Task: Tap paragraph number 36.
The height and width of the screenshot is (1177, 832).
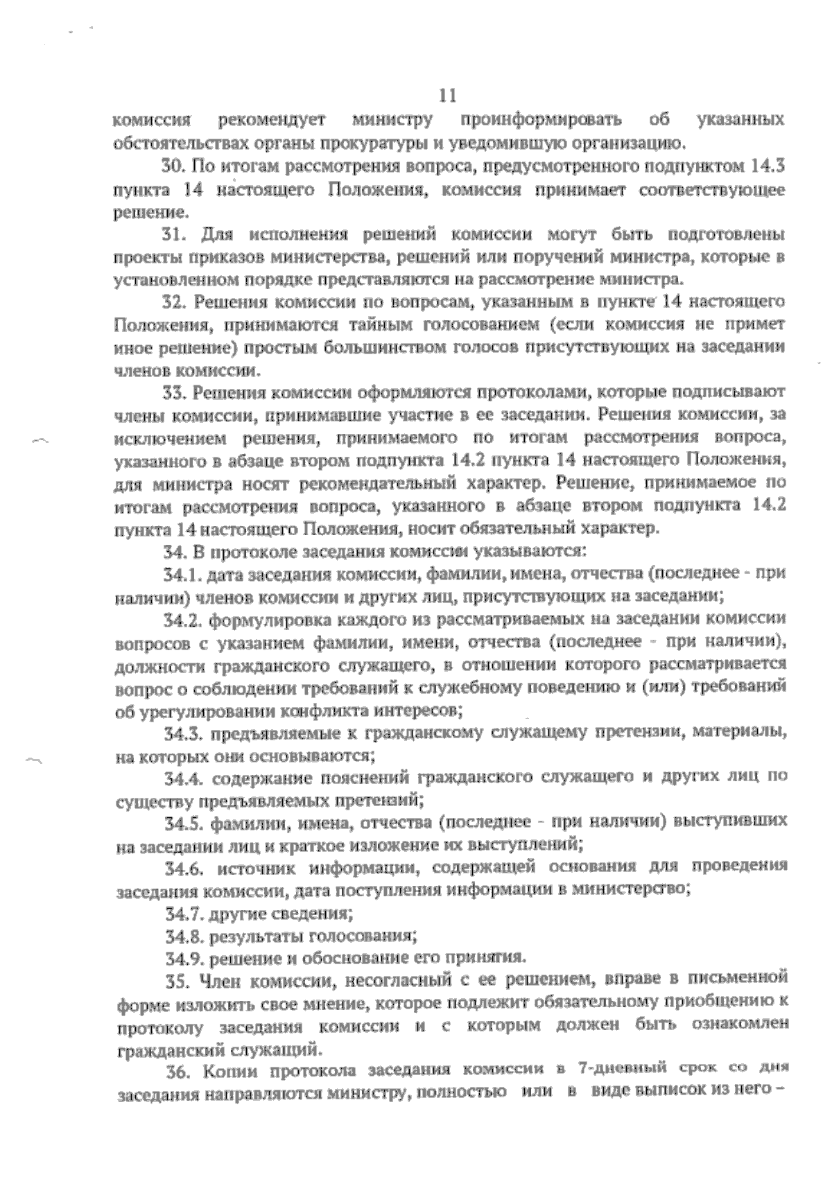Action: point(178,1072)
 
